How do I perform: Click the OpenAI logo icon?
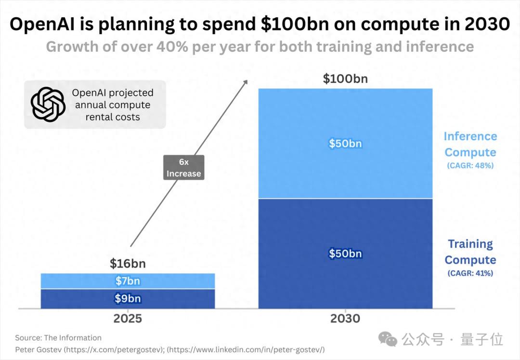click(x=48, y=105)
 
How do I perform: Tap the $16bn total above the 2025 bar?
click(x=128, y=264)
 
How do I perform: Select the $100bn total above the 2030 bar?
click(x=345, y=79)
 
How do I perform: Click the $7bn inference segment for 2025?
click(x=128, y=281)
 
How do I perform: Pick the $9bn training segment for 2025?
click(x=128, y=299)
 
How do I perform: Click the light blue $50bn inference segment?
click(x=345, y=144)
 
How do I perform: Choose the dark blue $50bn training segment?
click(x=345, y=253)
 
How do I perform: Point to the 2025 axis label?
click(x=128, y=319)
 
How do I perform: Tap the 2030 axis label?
click(x=345, y=319)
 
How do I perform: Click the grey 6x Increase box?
click(x=183, y=168)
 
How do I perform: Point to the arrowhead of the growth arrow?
click(x=246, y=82)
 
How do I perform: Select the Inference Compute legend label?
click(x=470, y=144)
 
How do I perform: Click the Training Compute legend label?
click(x=470, y=252)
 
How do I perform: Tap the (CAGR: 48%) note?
click(x=470, y=166)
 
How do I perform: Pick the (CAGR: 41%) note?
click(x=470, y=273)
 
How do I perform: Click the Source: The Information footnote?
click(x=58, y=338)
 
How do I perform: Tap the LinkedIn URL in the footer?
click(x=251, y=349)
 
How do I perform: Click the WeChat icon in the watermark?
click(x=388, y=339)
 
